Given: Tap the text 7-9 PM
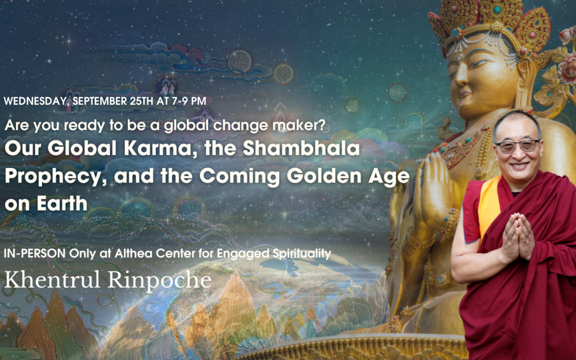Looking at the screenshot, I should [x=189, y=100].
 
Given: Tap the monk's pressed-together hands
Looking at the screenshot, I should [x=518, y=235].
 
